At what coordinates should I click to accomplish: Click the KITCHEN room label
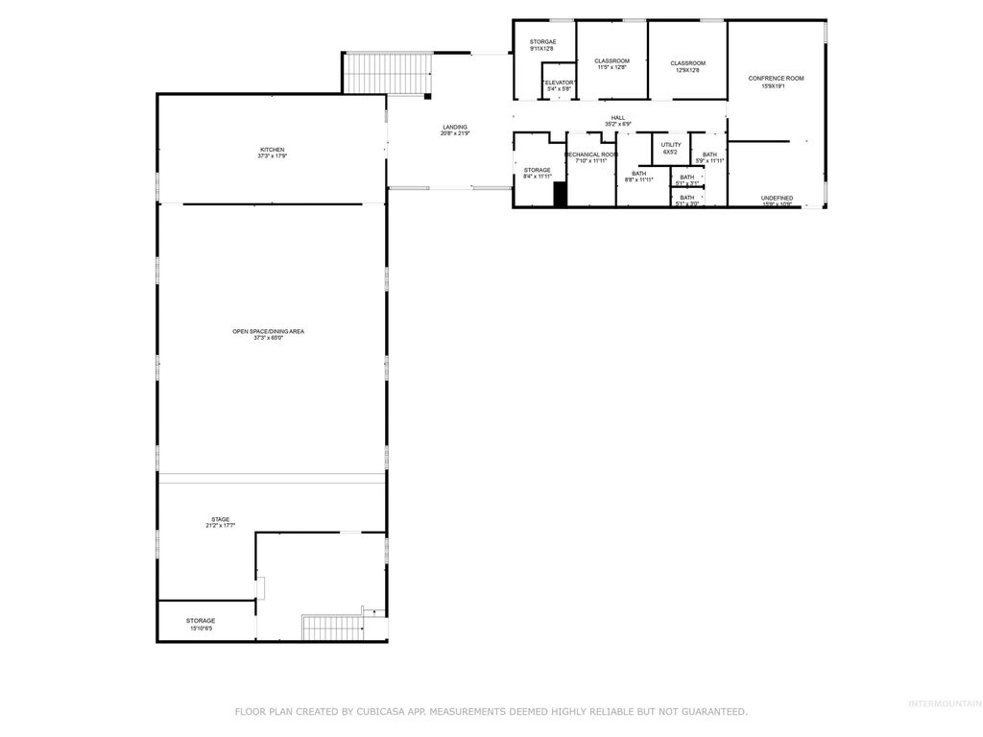tap(273, 152)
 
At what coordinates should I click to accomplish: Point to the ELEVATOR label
tap(560, 83)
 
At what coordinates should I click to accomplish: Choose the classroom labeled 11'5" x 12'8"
tap(611, 63)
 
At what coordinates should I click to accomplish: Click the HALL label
tap(618, 118)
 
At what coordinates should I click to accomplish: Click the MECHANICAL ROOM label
tap(591, 155)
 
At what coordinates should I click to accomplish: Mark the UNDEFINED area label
tap(777, 199)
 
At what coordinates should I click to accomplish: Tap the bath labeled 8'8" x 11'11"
tap(638, 176)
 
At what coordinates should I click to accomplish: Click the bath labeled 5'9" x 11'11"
tap(709, 156)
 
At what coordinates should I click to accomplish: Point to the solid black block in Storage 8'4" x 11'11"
tap(561, 194)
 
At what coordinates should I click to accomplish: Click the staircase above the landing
tap(389, 74)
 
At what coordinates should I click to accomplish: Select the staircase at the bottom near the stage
tap(332, 629)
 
